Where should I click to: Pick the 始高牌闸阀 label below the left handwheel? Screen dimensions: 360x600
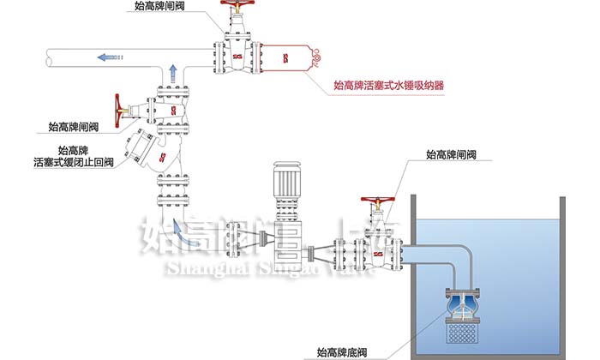(75, 127)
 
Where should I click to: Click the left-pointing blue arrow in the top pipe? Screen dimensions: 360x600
(108, 58)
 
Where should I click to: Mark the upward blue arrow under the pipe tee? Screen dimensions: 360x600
(171, 72)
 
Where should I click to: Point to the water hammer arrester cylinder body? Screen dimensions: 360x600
(288, 57)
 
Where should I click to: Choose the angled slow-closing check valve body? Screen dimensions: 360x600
(150, 152)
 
